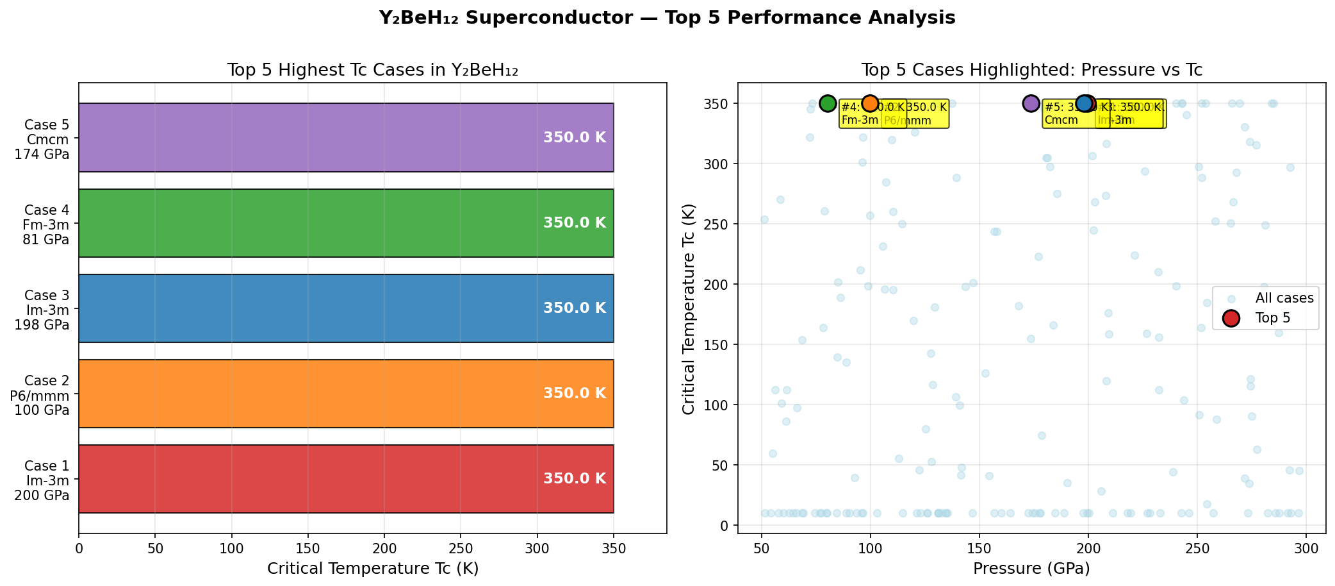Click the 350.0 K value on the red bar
[574, 479]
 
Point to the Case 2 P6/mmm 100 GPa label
[42, 394]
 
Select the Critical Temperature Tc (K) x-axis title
[373, 569]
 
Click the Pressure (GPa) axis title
[1031, 569]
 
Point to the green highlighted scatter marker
[828, 103]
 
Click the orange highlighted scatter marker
[870, 103]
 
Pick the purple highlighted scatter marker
[1031, 103]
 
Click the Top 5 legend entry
[1272, 318]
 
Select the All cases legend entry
[1284, 298]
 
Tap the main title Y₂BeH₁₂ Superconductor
[667, 18]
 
